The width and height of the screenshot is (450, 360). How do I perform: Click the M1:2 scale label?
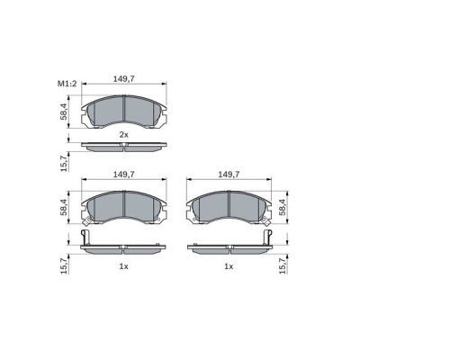point(67,84)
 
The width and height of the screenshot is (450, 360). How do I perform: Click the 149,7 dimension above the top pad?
point(123,79)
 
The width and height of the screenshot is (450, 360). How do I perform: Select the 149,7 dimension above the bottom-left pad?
point(123,175)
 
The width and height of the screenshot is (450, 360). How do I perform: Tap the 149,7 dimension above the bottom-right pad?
point(229,175)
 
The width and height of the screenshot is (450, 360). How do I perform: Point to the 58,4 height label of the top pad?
point(64,112)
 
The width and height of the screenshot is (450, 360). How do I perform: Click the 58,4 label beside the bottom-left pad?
point(64,207)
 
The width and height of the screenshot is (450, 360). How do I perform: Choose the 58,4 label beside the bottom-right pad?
point(283,207)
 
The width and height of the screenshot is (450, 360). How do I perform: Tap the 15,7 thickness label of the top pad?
point(64,164)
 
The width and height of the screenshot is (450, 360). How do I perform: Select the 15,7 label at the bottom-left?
point(64,265)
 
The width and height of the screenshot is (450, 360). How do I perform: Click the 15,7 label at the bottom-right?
point(283,265)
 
